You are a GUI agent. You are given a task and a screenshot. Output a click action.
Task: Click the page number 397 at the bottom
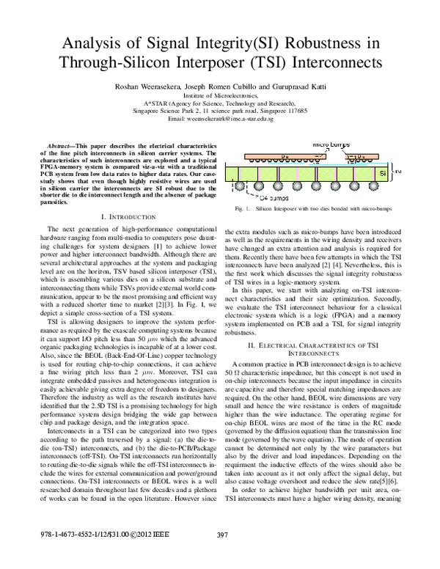tap(224, 554)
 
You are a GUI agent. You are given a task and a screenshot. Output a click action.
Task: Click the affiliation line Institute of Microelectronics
tap(220, 95)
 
